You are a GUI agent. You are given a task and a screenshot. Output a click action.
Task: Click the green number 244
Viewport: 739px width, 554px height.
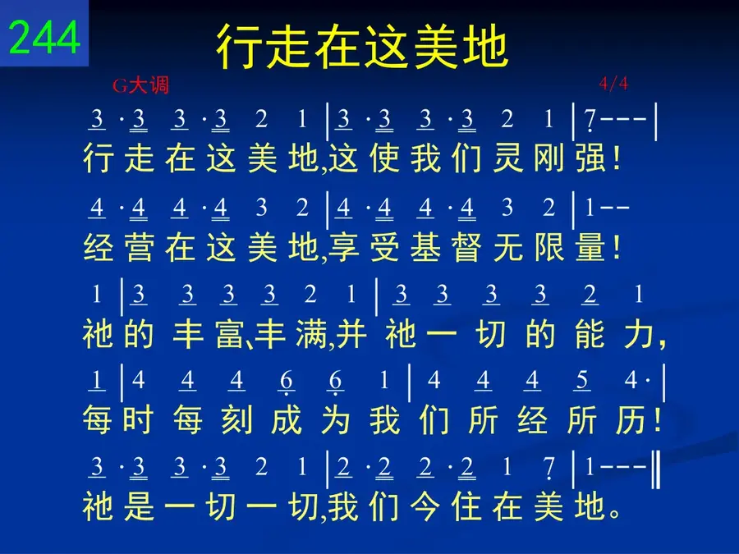(44, 37)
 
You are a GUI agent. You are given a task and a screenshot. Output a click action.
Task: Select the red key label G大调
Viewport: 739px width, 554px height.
(140, 85)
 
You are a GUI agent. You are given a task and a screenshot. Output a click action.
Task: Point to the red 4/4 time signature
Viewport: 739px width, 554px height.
(613, 84)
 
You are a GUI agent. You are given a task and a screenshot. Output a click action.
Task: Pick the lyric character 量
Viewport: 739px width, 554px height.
(590, 247)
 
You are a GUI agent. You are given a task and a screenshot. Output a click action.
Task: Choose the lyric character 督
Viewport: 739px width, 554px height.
(466, 247)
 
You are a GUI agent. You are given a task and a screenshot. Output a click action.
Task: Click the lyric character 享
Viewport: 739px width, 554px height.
(343, 247)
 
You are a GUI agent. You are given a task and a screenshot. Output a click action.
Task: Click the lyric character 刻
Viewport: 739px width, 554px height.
(236, 419)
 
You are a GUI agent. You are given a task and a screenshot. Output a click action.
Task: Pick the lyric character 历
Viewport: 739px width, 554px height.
(631, 419)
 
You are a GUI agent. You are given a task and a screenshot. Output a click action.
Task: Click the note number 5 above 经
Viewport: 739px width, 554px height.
(582, 380)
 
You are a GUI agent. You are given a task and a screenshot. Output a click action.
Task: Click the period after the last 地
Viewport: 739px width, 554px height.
(614, 512)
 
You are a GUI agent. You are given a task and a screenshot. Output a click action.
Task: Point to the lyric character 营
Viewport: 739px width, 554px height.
(140, 247)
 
